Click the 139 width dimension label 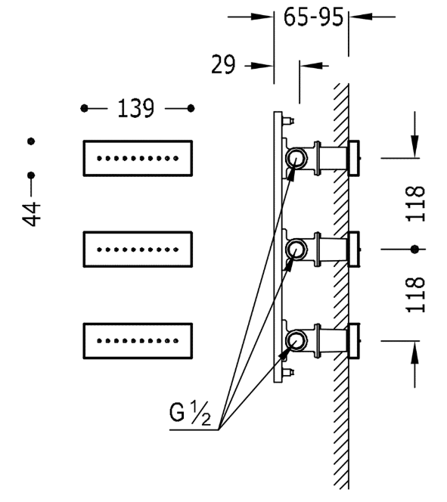pyautogui.click(x=136, y=109)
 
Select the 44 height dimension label pyautogui.click(x=31, y=214)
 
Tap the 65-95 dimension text pyautogui.click(x=313, y=17)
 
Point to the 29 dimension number pyautogui.click(x=223, y=64)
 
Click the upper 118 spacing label pyautogui.click(x=416, y=203)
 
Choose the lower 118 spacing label pyautogui.click(x=416, y=295)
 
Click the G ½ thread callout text pyautogui.click(x=190, y=414)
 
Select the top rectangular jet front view pyautogui.click(x=138, y=158)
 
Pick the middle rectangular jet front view pyautogui.click(x=138, y=249)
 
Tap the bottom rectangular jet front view pyautogui.click(x=138, y=341)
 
